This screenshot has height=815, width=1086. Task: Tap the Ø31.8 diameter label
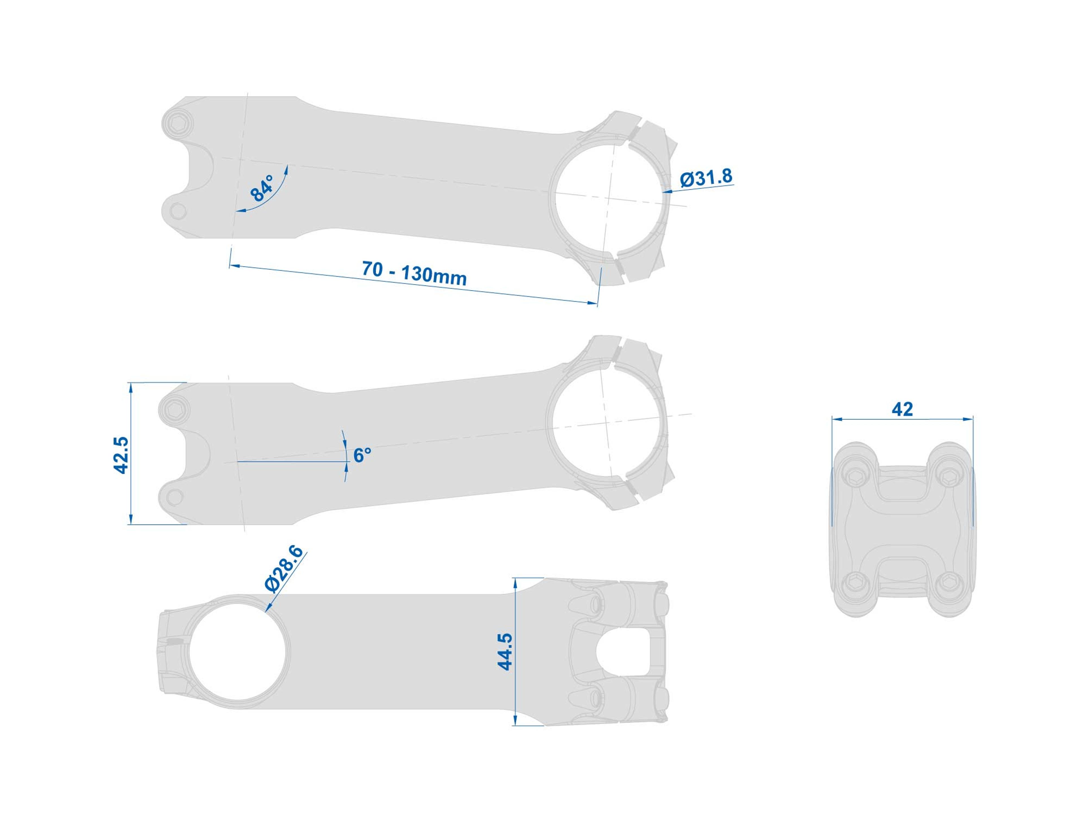coord(706,178)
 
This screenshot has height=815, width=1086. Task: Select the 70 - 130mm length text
coord(414,273)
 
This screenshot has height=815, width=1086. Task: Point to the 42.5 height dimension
coord(121,455)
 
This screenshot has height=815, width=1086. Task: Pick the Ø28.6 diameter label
coord(283,569)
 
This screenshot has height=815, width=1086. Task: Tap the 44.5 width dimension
coord(505,651)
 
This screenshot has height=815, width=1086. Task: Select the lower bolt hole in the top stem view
coord(177,212)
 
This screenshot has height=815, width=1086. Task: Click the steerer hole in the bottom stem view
coord(238,651)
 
